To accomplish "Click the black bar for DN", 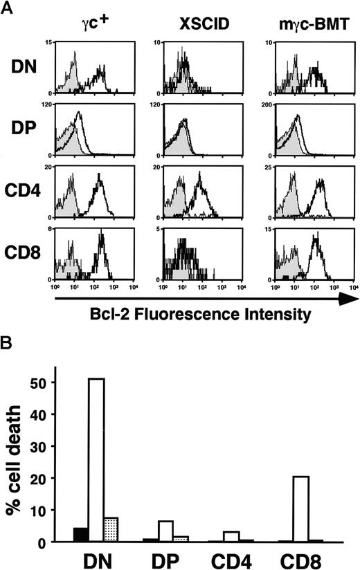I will [x=80, y=535].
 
